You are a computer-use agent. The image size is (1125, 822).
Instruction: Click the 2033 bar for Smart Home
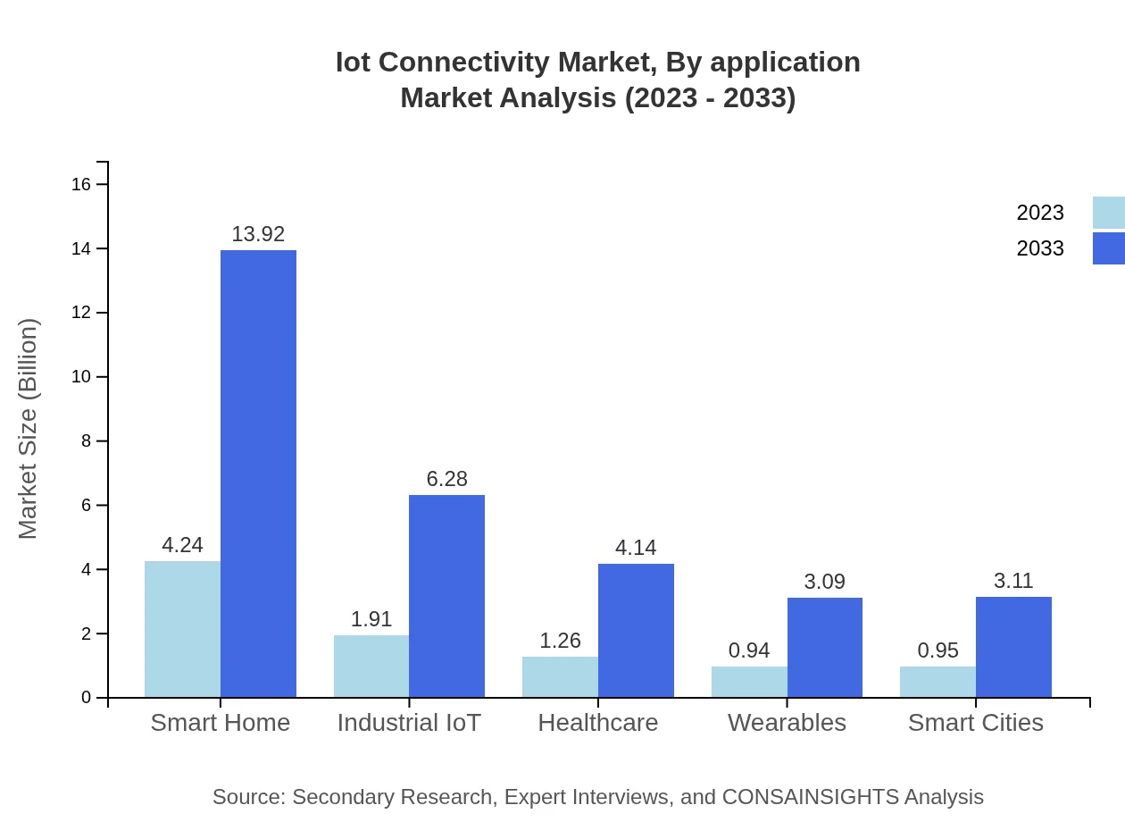[x=258, y=474]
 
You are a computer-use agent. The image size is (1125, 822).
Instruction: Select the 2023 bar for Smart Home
[x=182, y=629]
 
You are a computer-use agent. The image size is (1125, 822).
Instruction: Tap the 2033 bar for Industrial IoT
[x=446, y=596]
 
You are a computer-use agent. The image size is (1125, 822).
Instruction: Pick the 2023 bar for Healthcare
[x=560, y=677]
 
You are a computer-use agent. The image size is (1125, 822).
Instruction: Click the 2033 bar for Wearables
[x=824, y=648]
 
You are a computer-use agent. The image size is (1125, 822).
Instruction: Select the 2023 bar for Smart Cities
[x=937, y=682]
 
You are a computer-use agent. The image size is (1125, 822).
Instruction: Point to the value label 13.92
[x=258, y=234]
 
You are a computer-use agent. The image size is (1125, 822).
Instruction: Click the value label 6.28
[x=446, y=479]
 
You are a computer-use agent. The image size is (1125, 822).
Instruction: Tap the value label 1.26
[x=560, y=641]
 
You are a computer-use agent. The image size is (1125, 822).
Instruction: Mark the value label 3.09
[x=824, y=582]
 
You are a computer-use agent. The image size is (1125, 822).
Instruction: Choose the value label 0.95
[x=937, y=650]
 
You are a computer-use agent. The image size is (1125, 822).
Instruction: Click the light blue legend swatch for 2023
[x=1108, y=213]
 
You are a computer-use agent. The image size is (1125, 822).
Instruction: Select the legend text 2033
[x=1040, y=248]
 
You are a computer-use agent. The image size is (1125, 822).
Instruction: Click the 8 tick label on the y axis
[x=86, y=441]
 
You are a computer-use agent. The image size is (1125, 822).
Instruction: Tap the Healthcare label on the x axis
[x=598, y=722]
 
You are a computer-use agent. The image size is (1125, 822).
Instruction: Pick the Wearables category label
[x=787, y=722]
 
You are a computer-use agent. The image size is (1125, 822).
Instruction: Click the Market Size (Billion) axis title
[x=29, y=429]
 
